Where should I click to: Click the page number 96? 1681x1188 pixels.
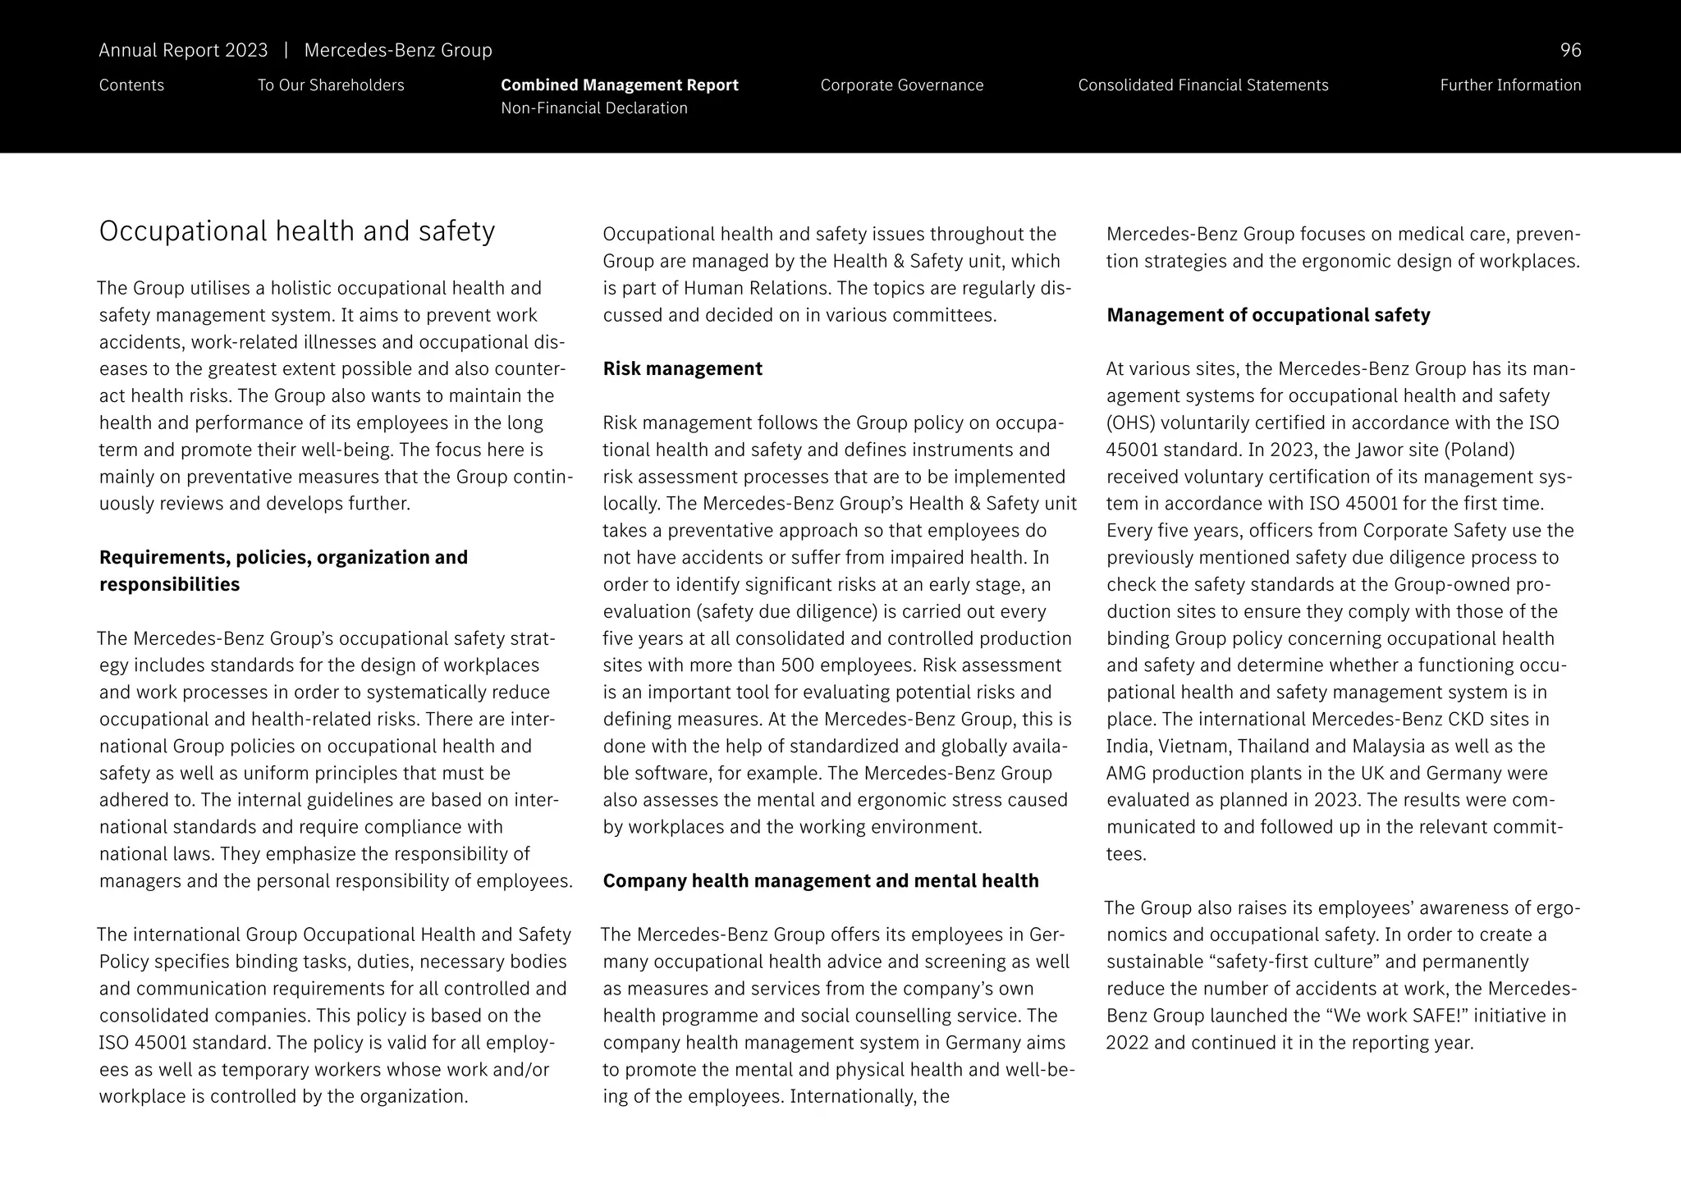tap(1569, 51)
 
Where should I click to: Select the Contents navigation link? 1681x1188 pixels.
tap(131, 85)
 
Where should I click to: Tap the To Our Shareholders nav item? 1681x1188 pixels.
tap(331, 85)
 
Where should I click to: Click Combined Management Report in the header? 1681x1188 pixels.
tap(619, 85)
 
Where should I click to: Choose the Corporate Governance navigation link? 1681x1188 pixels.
tap(901, 85)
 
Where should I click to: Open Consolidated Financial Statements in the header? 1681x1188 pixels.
tap(1202, 85)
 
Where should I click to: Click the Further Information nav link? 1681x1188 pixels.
tap(1509, 85)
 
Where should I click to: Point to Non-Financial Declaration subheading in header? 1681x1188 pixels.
tap(593, 108)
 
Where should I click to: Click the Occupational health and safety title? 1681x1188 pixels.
tap(296, 231)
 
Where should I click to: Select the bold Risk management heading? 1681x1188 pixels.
tap(682, 369)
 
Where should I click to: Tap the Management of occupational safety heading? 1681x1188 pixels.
tap(1267, 315)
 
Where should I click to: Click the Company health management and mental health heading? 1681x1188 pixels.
tap(820, 881)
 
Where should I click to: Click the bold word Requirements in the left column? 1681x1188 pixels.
tap(164, 558)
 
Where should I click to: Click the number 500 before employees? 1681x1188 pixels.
tap(797, 665)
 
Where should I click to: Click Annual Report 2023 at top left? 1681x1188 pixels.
tap(183, 51)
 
